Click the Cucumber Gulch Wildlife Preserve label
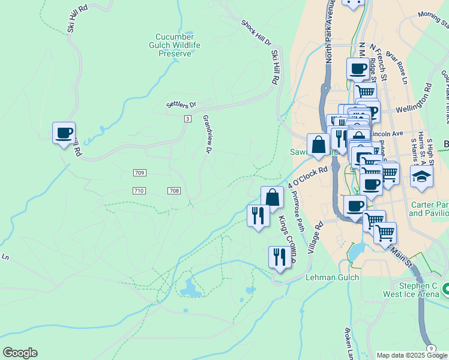(x=175, y=45)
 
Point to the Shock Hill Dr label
(x=256, y=34)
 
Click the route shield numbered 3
(x=187, y=119)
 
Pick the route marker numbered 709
(x=139, y=173)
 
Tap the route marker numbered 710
(x=139, y=191)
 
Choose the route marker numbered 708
(x=174, y=191)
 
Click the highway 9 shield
(x=431, y=348)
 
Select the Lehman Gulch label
(x=332, y=277)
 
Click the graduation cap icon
(x=421, y=176)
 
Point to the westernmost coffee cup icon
(x=64, y=133)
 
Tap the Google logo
(x=20, y=353)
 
